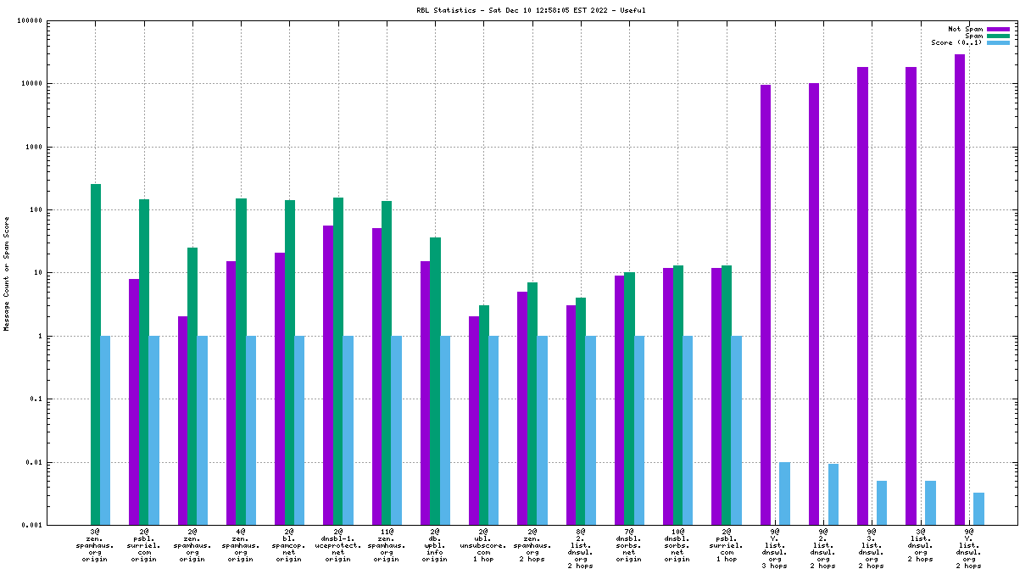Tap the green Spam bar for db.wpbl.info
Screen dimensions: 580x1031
(435, 381)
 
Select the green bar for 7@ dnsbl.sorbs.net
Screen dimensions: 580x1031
(629, 399)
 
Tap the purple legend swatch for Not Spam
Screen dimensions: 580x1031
(998, 29)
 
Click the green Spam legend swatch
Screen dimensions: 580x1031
(998, 36)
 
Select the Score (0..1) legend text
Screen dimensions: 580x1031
(956, 42)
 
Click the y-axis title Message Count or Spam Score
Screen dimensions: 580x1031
(7, 273)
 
